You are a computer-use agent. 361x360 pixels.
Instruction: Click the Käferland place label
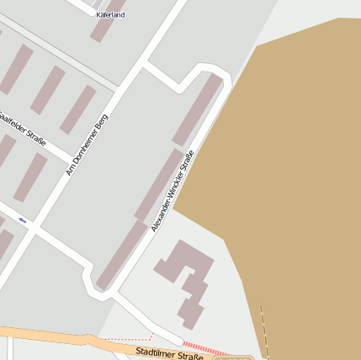pos(110,15)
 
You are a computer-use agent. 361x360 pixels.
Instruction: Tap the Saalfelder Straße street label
pos(23,127)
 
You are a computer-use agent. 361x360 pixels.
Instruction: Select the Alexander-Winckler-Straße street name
pos(173,191)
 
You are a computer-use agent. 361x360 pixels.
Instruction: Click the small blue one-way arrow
pos(23,220)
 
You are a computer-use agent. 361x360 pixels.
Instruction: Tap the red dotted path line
pos(126,338)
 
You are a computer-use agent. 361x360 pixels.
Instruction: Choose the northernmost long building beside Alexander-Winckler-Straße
pos(198,109)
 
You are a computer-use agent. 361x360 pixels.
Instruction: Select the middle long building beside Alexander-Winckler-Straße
pos(158,184)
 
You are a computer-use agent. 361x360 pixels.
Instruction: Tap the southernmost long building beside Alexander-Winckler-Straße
pos(121,255)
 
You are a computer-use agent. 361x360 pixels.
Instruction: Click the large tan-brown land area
pos(286,168)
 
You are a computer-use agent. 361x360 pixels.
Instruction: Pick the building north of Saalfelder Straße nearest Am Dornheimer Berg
pos(78,109)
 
